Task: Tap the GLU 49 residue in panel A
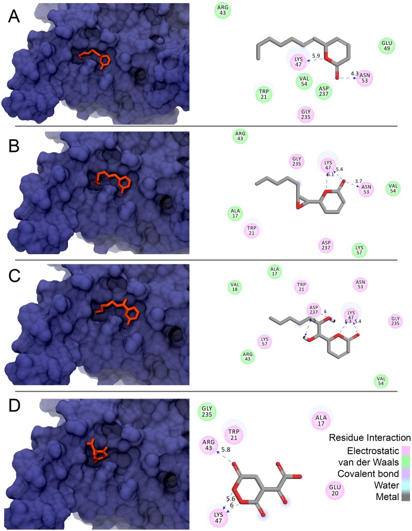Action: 386,46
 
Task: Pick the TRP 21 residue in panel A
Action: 263,94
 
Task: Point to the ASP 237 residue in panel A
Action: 324,91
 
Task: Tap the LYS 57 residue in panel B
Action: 359,250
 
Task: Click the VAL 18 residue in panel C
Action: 235,287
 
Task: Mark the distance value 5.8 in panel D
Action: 226,450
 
